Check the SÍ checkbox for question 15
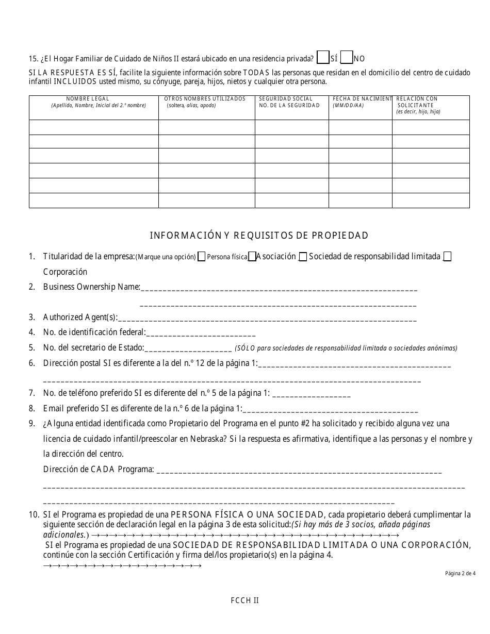click(x=323, y=57)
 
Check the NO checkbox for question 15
click(x=347, y=57)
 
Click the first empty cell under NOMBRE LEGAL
click(x=94, y=127)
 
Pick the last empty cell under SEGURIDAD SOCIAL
click(x=292, y=201)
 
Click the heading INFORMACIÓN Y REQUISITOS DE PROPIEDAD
click(x=259, y=236)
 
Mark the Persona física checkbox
click(x=202, y=257)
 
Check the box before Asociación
click(x=252, y=257)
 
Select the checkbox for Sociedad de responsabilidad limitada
click(x=303, y=257)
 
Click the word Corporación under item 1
click(x=65, y=272)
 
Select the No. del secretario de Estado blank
click(x=188, y=349)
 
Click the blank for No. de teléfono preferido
click(x=311, y=395)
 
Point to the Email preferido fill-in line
click(x=330, y=410)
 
